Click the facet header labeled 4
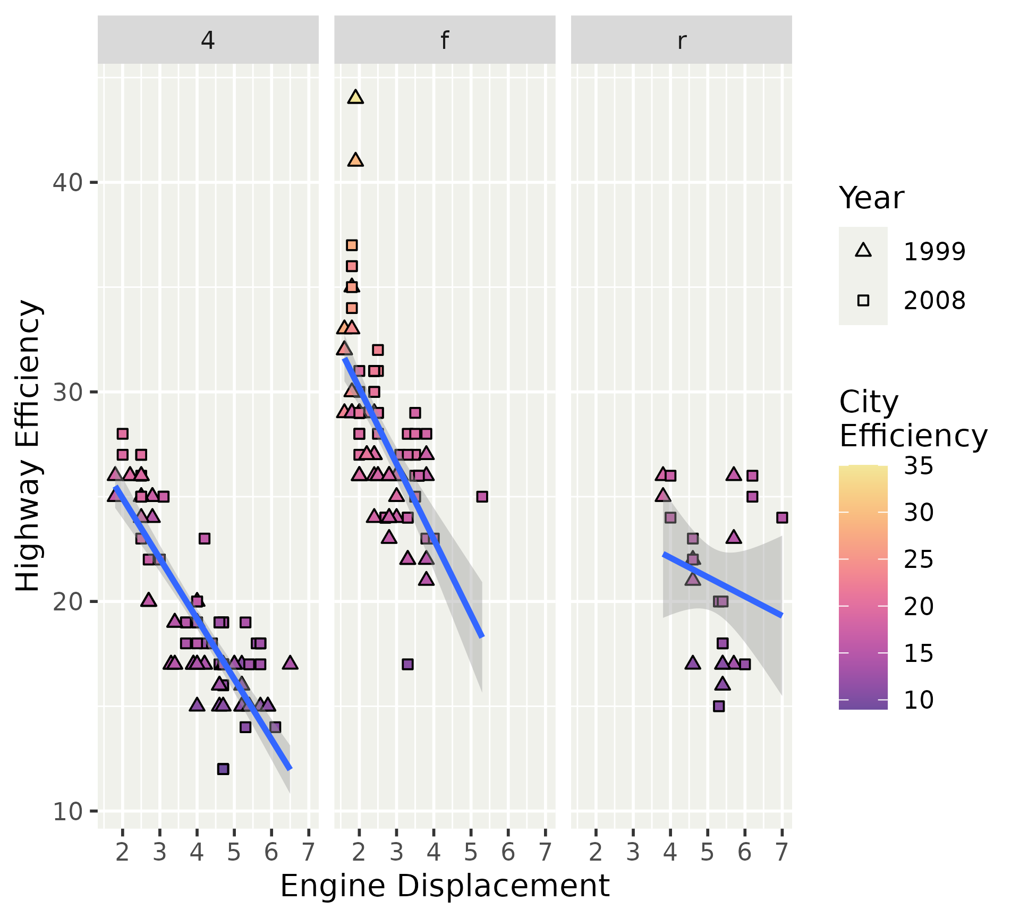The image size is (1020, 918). [208, 40]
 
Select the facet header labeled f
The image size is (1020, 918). [445, 40]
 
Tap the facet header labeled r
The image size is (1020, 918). [682, 40]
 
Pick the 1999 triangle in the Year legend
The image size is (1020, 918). [863, 251]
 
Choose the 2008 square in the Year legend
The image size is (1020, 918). [863, 301]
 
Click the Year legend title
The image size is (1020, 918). [871, 199]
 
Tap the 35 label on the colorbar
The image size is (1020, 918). [919, 466]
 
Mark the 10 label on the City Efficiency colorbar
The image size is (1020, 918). [919, 700]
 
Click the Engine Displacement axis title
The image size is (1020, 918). [445, 886]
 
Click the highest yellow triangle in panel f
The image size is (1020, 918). [355, 97]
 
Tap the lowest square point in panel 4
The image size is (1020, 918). [223, 769]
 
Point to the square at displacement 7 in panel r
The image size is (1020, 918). [782, 517]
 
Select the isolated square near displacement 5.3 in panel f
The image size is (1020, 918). [482, 497]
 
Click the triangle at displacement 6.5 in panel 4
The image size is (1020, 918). [290, 663]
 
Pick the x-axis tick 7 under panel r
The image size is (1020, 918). [782, 852]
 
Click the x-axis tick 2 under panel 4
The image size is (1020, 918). [123, 852]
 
